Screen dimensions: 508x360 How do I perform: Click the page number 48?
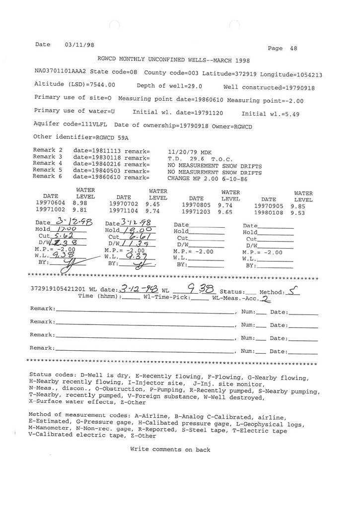click(x=293, y=49)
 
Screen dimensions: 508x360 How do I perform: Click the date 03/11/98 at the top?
click(x=79, y=45)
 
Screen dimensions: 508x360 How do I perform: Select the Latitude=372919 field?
click(x=228, y=74)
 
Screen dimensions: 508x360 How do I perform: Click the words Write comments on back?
click(x=170, y=449)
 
